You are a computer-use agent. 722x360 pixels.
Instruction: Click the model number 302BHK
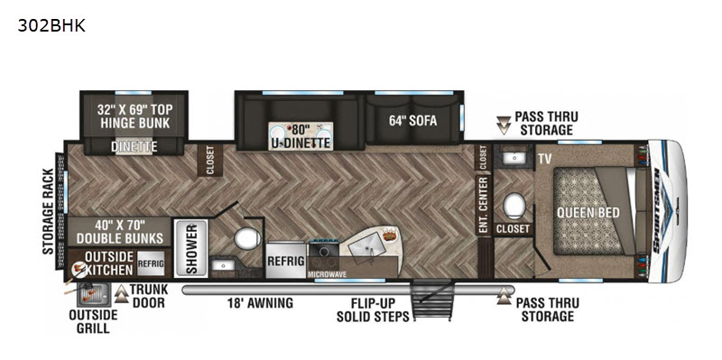51,26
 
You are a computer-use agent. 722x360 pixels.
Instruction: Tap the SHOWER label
191,248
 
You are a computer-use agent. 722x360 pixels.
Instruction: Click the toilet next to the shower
247,238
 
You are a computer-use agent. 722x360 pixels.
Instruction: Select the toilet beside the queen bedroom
514,206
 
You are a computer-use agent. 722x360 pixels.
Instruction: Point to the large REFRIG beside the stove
285,261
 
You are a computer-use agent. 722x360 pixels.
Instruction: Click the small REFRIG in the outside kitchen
151,263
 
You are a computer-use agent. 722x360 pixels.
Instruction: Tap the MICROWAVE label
328,274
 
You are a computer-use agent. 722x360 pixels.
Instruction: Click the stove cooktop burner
324,252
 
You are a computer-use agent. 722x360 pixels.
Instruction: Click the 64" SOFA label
412,121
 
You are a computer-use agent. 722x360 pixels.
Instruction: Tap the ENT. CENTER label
483,205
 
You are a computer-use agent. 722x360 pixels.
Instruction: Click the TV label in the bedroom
545,159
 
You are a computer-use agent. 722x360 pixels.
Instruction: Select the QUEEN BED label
588,213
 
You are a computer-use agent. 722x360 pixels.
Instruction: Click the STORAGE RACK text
49,211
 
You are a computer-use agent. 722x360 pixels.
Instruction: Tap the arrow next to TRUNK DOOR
122,294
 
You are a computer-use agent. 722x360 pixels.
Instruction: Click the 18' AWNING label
260,303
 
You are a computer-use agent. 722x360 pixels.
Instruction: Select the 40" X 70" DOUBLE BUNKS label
120,232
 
